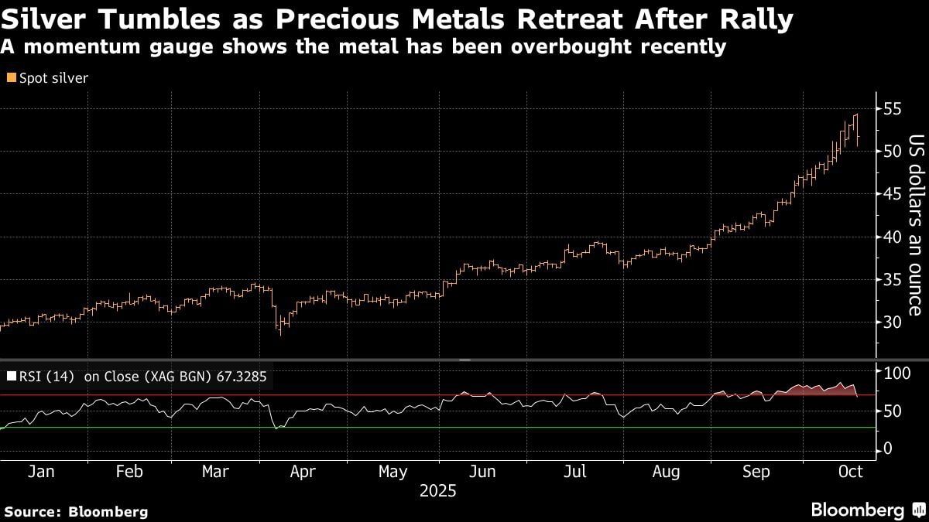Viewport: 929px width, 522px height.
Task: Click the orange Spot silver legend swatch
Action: pos(10,78)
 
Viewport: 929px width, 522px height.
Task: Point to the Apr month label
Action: pos(303,472)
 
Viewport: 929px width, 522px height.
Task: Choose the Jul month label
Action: pos(574,472)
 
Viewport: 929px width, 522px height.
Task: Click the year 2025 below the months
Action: pos(438,491)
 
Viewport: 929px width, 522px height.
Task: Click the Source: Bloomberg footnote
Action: pos(75,511)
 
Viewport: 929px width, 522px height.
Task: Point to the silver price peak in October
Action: pos(856,114)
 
